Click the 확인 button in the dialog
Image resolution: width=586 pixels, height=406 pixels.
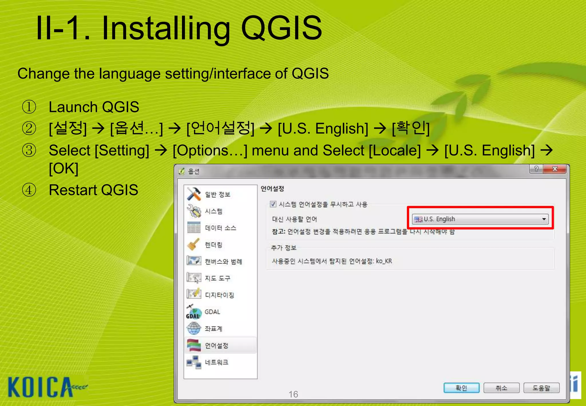pyautogui.click(x=461, y=388)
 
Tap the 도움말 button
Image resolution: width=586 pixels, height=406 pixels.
pyautogui.click(x=541, y=388)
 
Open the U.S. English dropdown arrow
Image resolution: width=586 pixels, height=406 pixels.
pyautogui.click(x=544, y=219)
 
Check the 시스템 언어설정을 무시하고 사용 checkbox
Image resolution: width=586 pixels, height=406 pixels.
pyautogui.click(x=273, y=204)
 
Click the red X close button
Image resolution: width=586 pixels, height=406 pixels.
pyautogui.click(x=555, y=169)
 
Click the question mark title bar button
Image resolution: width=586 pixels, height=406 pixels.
pyautogui.click(x=536, y=169)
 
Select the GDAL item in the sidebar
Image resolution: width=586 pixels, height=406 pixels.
pyautogui.click(x=212, y=312)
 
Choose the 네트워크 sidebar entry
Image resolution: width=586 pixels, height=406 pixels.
pyautogui.click(x=216, y=362)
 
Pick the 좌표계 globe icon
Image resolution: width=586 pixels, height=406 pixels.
pyautogui.click(x=194, y=328)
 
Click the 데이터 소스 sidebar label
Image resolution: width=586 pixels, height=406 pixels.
pyautogui.click(x=220, y=228)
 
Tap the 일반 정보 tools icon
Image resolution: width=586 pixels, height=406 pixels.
pyautogui.click(x=194, y=194)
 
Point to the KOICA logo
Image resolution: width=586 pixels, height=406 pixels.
pyautogui.click(x=43, y=387)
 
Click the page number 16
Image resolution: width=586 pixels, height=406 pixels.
pyautogui.click(x=293, y=394)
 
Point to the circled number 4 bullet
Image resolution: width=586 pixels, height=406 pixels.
pyautogui.click(x=29, y=190)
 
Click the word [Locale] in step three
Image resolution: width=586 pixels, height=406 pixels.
pyautogui.click(x=395, y=151)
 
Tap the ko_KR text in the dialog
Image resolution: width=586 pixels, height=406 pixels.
pyautogui.click(x=384, y=261)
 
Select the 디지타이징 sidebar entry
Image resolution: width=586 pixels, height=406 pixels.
pyautogui.click(x=219, y=295)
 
